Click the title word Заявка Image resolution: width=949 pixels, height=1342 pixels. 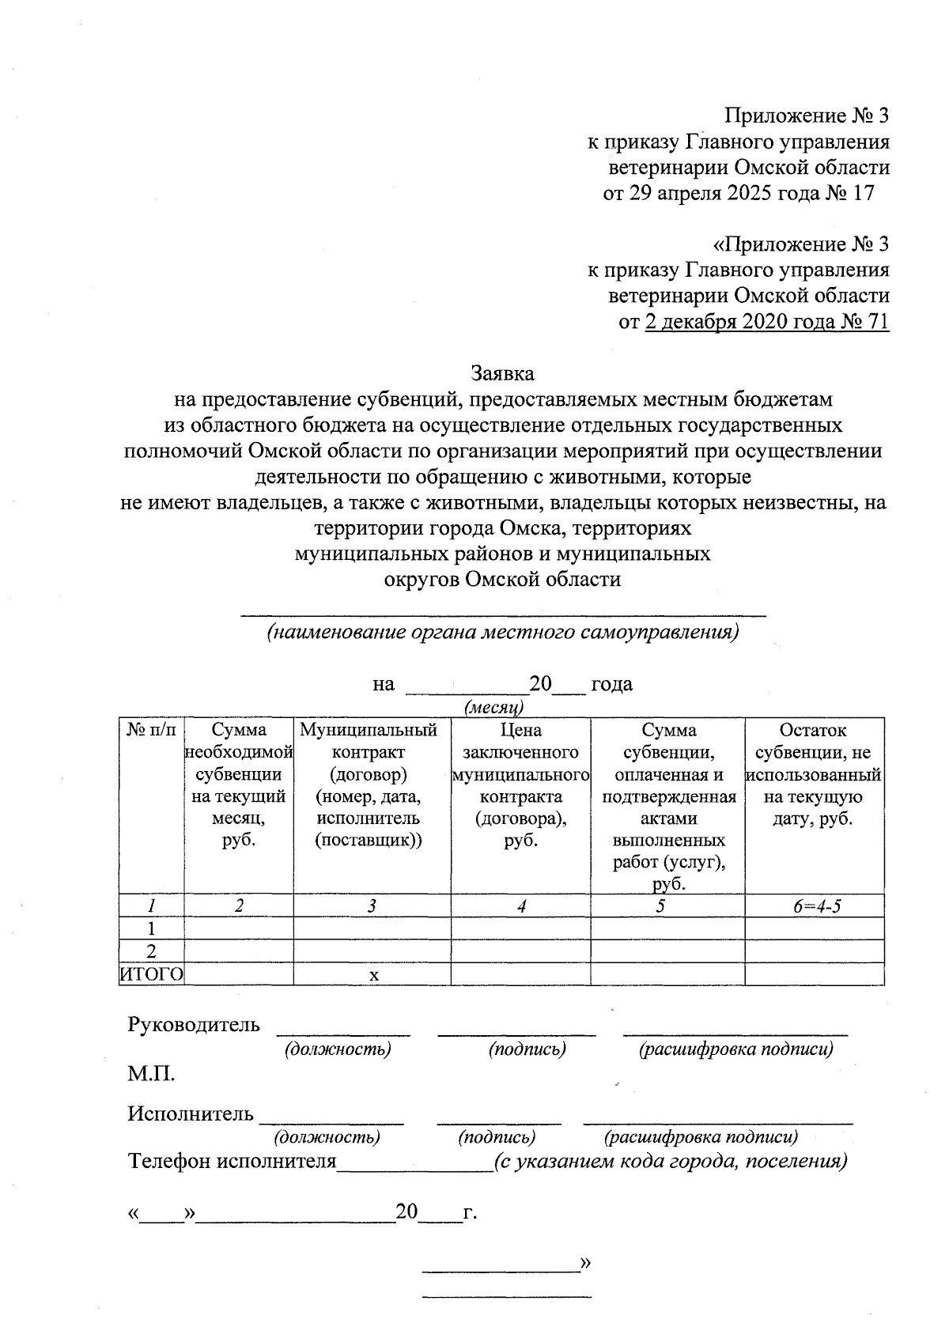pyautogui.click(x=502, y=372)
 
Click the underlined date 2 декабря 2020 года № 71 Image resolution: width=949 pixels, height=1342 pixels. pyautogui.click(x=766, y=322)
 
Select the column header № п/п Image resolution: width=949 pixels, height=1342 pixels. pyautogui.click(x=152, y=730)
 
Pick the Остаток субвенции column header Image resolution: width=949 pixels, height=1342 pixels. pyautogui.click(x=813, y=774)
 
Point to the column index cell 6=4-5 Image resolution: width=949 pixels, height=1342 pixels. pyautogui.click(x=816, y=906)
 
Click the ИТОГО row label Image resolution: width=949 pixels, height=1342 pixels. pyautogui.click(x=151, y=974)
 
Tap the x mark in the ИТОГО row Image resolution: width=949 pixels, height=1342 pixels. pyautogui.click(x=374, y=975)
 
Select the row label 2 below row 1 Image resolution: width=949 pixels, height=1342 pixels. pyautogui.click(x=152, y=951)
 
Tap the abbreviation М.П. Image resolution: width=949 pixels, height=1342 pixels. pyautogui.click(x=151, y=1074)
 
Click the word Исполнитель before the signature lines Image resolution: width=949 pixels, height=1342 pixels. pyautogui.click(x=191, y=1114)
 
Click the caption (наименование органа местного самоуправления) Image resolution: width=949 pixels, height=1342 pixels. pyautogui.click(x=502, y=633)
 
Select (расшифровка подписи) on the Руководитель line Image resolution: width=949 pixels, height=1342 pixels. pyautogui.click(x=736, y=1049)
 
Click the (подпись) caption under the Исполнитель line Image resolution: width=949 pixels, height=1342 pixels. pyautogui.click(x=497, y=1137)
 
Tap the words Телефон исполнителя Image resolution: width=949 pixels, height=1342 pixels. pyautogui.click(x=233, y=1162)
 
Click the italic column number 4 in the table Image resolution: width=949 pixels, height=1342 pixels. pyautogui.click(x=521, y=906)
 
